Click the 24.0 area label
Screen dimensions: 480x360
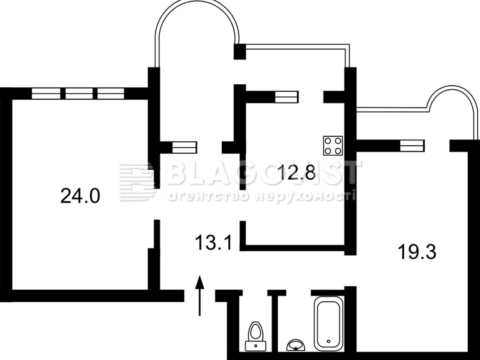click(80, 196)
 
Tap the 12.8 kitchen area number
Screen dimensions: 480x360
click(297, 172)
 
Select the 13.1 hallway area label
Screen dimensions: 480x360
click(213, 242)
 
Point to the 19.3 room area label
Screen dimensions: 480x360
click(417, 252)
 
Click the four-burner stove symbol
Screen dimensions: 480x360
click(333, 146)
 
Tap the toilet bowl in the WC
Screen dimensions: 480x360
click(256, 331)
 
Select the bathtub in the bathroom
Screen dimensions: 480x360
click(328, 324)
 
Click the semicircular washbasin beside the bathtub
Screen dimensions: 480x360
click(296, 345)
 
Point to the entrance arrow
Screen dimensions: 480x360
click(199, 295)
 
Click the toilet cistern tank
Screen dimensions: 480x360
click(256, 346)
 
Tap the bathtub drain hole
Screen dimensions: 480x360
click(328, 341)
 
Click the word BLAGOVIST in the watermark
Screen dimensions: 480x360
click(264, 172)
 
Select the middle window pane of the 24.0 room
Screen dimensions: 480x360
click(79, 93)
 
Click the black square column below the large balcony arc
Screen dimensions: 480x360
click(240, 52)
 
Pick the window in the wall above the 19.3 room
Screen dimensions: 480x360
click(412, 146)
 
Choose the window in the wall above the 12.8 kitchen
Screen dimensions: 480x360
click(286, 97)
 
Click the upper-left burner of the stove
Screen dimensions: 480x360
click(328, 141)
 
